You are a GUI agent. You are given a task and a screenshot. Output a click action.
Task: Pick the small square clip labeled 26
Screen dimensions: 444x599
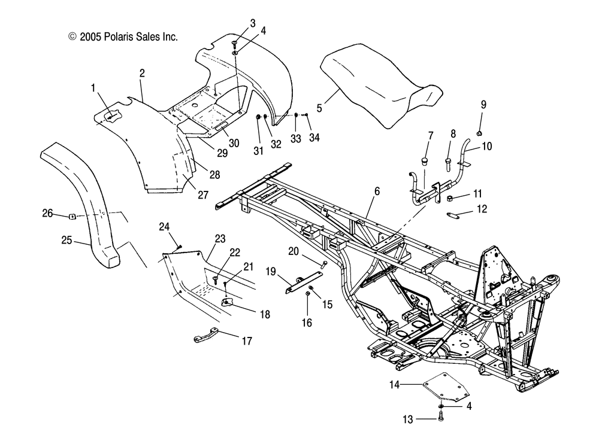pyautogui.click(x=71, y=215)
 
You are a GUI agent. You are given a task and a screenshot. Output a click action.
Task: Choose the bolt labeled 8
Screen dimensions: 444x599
pyautogui.click(x=447, y=162)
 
